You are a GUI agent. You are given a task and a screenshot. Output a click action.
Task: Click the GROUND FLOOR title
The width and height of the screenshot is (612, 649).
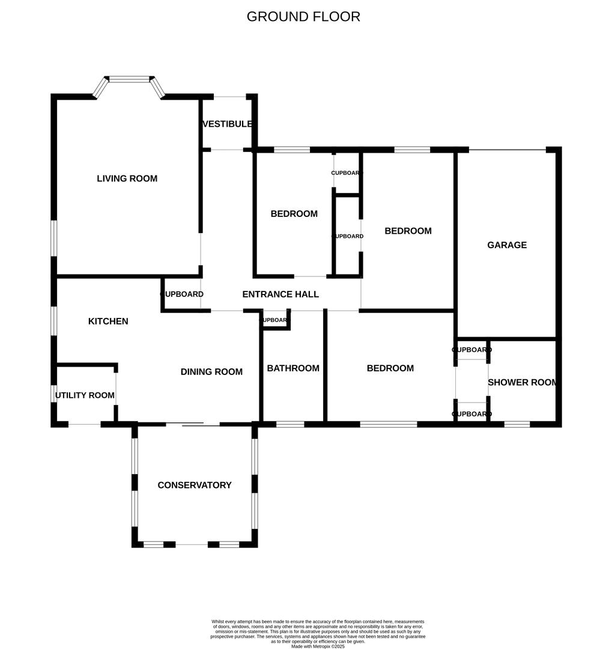click(303, 17)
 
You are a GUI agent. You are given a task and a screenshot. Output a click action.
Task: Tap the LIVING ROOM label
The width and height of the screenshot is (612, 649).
click(127, 178)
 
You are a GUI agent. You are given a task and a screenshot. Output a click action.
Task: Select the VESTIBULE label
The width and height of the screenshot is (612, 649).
click(227, 124)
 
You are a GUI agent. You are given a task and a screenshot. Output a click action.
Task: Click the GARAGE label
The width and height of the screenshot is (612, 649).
click(507, 245)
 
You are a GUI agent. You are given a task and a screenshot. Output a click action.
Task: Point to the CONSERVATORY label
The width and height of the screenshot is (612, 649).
click(194, 485)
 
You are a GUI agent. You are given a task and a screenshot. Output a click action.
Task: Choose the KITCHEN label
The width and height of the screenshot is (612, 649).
click(108, 321)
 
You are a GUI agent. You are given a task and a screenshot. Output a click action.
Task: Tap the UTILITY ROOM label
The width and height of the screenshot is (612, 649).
click(85, 395)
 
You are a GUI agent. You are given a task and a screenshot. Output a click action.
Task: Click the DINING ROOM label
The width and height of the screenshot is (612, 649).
click(211, 372)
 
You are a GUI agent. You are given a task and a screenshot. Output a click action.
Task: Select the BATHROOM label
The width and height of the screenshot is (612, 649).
click(293, 368)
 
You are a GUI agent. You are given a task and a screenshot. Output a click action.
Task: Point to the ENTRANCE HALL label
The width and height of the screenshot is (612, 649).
click(280, 294)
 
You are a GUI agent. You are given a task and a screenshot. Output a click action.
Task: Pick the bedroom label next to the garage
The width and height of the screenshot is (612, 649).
click(408, 231)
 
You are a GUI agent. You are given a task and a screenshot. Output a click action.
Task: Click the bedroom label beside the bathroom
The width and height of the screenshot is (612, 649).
click(390, 368)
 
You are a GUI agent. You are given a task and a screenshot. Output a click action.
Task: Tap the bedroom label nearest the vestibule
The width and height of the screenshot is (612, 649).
click(294, 214)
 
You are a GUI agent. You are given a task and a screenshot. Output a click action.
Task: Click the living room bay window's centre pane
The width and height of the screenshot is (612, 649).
click(129, 79)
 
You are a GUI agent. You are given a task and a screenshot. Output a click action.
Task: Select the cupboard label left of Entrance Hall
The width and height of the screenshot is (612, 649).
click(181, 294)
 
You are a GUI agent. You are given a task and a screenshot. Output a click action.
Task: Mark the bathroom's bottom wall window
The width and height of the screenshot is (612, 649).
click(290, 424)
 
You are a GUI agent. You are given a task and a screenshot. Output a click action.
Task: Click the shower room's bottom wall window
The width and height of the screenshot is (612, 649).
click(517, 424)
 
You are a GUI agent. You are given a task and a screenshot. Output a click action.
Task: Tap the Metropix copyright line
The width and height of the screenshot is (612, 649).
click(318, 647)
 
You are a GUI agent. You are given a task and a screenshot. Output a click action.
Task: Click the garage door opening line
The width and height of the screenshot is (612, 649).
click(507, 150)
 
